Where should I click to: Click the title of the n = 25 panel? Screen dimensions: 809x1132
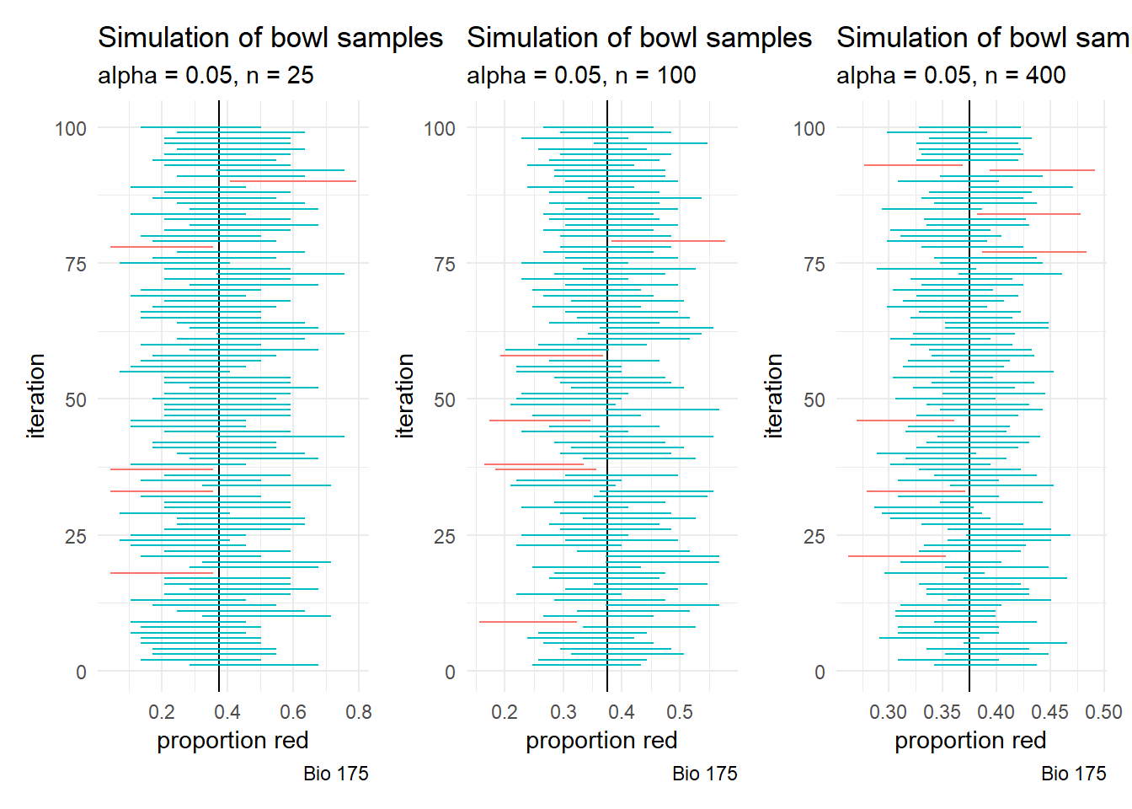tap(270, 38)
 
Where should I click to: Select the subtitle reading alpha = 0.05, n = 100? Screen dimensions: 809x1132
tap(581, 76)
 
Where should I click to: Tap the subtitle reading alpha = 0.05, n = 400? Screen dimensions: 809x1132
tap(951, 76)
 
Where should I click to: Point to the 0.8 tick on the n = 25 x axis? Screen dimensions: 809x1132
tap(359, 712)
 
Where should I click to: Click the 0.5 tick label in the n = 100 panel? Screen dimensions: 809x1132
tap(680, 712)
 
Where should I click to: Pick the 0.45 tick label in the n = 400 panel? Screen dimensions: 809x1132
tap(1049, 712)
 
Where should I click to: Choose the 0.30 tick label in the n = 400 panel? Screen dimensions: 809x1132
tap(888, 712)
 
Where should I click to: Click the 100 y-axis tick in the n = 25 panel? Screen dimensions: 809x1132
tap(71, 128)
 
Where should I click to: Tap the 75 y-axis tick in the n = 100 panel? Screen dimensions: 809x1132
tap(445, 264)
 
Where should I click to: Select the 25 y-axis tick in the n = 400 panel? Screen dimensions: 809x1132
tap(814, 536)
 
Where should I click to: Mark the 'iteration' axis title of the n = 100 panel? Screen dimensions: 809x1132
tap(404, 396)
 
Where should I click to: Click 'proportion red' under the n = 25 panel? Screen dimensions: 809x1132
tap(232, 741)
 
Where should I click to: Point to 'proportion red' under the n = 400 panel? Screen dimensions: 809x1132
tap(970, 741)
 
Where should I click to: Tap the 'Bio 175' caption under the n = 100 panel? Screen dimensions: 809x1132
tap(704, 774)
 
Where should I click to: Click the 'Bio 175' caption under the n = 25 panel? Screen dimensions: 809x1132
tap(335, 774)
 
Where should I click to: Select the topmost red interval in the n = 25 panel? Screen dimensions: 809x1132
tap(293, 181)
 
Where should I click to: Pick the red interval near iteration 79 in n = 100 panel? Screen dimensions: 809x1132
tap(668, 241)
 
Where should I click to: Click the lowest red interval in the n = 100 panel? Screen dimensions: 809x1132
tap(528, 622)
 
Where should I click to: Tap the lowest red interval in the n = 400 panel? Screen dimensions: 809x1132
tap(897, 556)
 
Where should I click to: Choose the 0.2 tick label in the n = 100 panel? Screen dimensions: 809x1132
tap(505, 712)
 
